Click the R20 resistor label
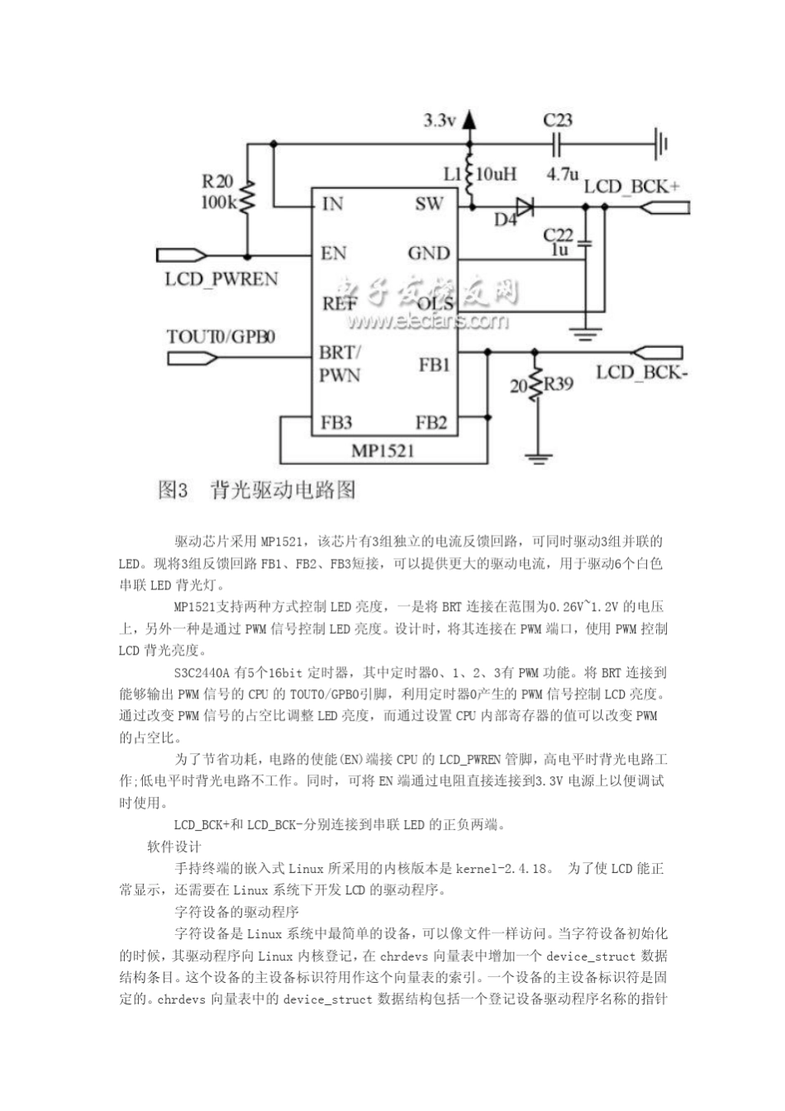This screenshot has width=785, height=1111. pyautogui.click(x=218, y=182)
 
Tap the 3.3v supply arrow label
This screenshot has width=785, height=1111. pyautogui.click(x=440, y=121)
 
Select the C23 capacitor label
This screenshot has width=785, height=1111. pyautogui.click(x=558, y=121)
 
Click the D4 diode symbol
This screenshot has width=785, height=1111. pyautogui.click(x=521, y=206)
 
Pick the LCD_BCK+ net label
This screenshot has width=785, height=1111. pyautogui.click(x=631, y=186)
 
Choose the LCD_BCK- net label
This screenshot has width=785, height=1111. pyautogui.click(x=642, y=372)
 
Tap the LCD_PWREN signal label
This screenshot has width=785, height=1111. pyautogui.click(x=221, y=279)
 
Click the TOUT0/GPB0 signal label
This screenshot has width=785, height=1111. pyautogui.click(x=221, y=336)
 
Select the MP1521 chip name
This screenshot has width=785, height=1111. pyautogui.click(x=383, y=451)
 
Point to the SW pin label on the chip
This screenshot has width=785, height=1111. pyautogui.click(x=429, y=204)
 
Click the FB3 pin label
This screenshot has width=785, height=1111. pyautogui.click(x=336, y=423)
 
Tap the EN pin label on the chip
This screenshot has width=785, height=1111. pyautogui.click(x=334, y=253)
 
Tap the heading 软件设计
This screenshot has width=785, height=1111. pyautogui.click(x=174, y=846)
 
